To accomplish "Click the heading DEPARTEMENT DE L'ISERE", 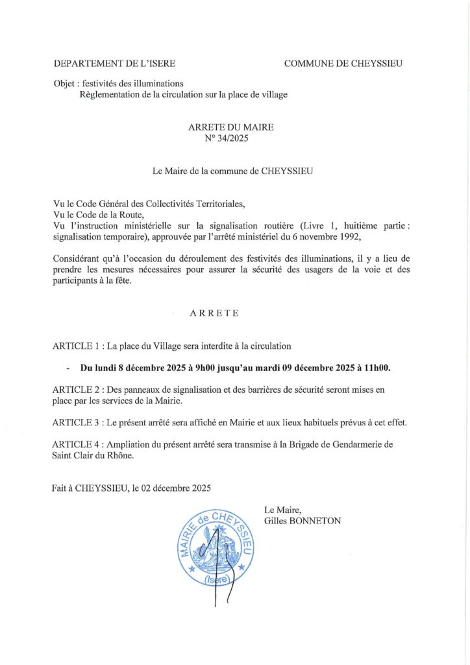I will [x=114, y=64].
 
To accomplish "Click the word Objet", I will [x=65, y=84].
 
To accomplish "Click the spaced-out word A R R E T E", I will [x=214, y=313].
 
